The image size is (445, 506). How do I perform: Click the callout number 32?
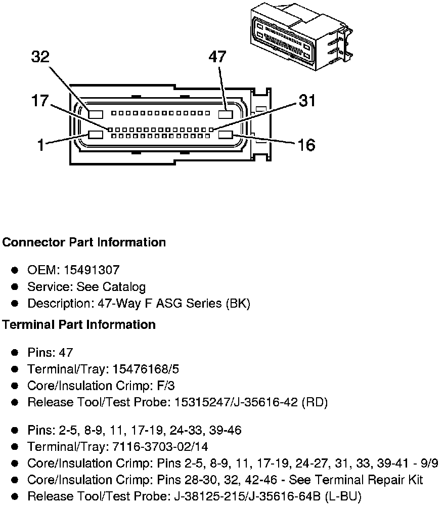click(x=40, y=57)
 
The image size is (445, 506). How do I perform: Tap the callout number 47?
click(x=217, y=57)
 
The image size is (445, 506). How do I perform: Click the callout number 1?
click(x=40, y=145)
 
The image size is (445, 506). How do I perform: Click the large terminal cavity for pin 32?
click(x=96, y=114)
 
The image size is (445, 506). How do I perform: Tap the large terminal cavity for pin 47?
click(x=225, y=114)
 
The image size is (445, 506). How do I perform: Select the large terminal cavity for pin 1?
click(x=96, y=135)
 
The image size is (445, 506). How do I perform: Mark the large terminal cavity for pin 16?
click(x=225, y=135)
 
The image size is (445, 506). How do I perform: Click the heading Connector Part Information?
click(x=84, y=242)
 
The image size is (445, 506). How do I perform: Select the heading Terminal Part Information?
click(x=79, y=324)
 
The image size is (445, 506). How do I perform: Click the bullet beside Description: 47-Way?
click(x=16, y=304)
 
